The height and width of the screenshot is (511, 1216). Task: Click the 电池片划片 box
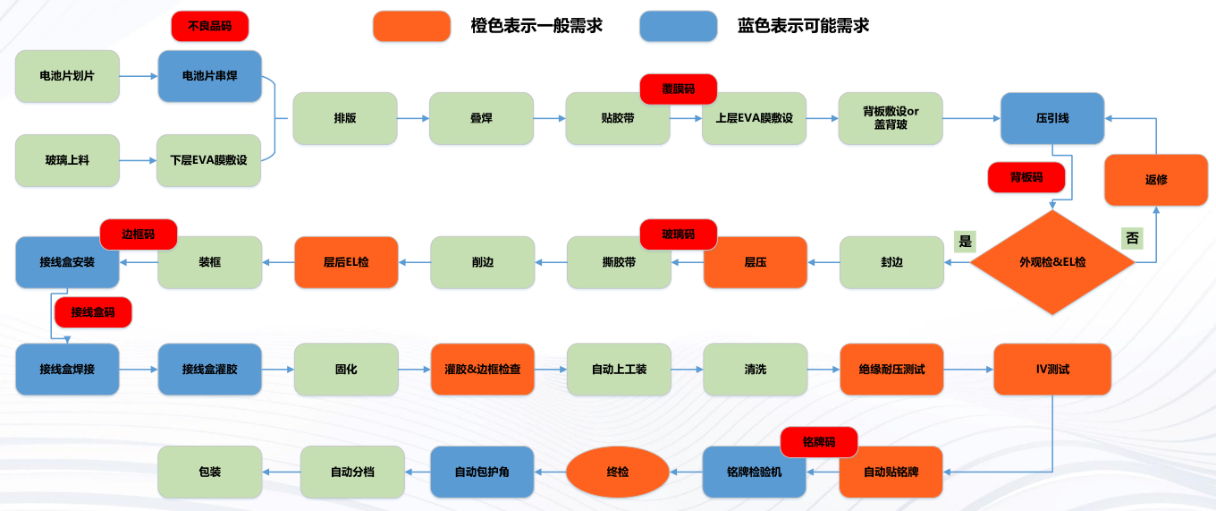click(x=67, y=76)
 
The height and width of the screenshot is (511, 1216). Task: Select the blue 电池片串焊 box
click(x=209, y=76)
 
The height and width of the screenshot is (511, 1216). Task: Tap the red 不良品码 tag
click(x=209, y=26)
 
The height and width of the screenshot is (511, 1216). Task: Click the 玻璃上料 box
click(x=67, y=160)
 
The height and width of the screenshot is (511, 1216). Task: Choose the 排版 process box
click(x=345, y=118)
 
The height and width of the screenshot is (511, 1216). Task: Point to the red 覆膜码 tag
click(x=679, y=89)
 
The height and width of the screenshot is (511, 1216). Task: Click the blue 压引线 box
click(x=1052, y=118)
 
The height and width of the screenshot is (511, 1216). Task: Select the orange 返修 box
click(x=1156, y=179)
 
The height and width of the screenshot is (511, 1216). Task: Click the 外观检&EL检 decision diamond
click(x=1052, y=262)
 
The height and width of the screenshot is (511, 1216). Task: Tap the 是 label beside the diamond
click(x=965, y=240)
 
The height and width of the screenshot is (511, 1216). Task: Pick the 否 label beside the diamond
click(x=1132, y=239)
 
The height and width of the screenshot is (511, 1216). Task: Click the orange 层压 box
click(x=755, y=262)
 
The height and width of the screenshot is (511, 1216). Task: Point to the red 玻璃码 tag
click(x=679, y=234)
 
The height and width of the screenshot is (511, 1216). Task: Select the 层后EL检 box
click(x=346, y=262)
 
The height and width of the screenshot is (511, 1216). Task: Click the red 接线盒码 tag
click(x=93, y=312)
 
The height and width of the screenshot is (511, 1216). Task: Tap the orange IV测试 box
click(x=1052, y=369)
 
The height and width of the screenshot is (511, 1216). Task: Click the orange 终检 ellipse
click(x=618, y=472)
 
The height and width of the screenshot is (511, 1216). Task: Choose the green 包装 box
click(x=209, y=472)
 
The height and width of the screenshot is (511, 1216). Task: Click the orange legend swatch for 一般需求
click(x=411, y=26)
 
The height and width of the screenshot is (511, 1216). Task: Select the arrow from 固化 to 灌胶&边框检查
click(x=414, y=369)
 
